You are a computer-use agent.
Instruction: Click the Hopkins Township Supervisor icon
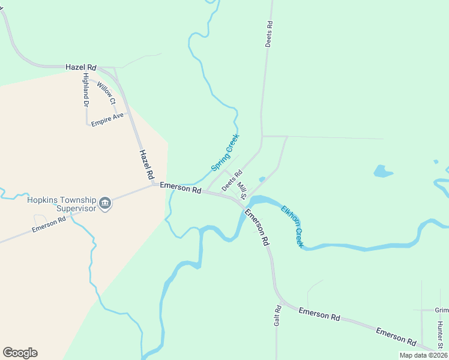105,204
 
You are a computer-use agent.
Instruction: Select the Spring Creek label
225,152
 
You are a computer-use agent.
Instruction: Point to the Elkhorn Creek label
292,226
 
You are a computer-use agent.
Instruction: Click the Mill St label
242,190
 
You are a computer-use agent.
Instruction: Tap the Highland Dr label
86,90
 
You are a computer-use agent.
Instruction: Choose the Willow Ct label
106,93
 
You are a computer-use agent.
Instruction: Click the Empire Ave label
107,119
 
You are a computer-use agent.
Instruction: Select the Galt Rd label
278,316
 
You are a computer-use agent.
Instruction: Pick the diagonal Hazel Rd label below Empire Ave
146,164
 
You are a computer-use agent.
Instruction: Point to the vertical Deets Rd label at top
270,34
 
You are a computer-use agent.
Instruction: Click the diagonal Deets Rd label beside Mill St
231,180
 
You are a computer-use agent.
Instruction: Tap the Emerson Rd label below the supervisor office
49,224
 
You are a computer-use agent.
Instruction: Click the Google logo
20,353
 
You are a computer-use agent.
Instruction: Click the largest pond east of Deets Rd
382,172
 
